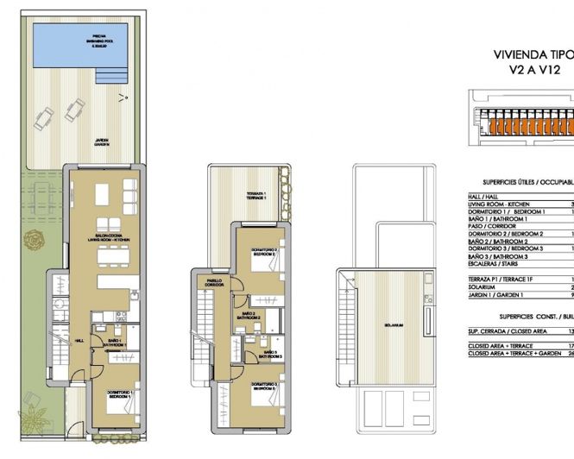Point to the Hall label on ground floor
[x=79, y=340]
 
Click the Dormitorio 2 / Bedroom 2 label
[x=264, y=253]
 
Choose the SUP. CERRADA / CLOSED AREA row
[x=509, y=330]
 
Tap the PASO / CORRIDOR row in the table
[x=497, y=226]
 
